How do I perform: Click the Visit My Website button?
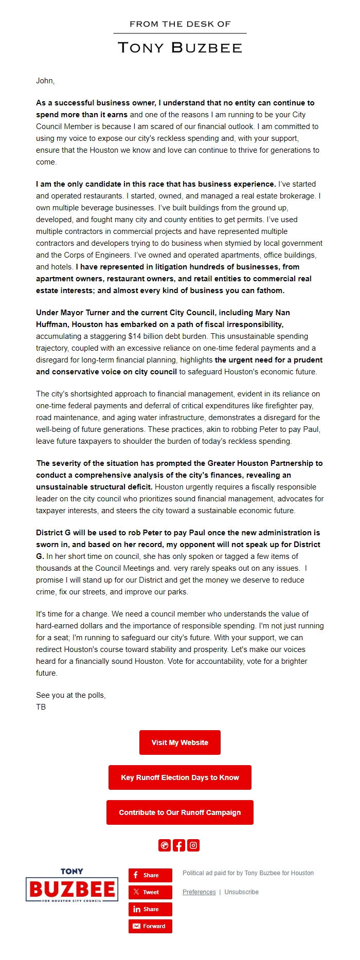179,742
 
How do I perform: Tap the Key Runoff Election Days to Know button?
179,777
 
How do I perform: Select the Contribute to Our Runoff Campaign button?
179,812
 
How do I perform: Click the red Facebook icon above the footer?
179,845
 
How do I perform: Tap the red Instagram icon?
193,845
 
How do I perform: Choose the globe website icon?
165,845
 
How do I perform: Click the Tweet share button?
150,892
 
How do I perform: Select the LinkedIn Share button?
150,909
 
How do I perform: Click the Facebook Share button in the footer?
150,875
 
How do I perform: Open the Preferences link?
199,892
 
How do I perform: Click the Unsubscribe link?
241,892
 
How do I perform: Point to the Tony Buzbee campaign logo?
71,885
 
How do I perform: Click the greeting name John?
45,81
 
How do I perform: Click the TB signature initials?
41,707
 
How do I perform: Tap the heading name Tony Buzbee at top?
179,48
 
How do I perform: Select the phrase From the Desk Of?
179,24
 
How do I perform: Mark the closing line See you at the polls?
70,695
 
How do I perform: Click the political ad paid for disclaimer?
248,873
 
